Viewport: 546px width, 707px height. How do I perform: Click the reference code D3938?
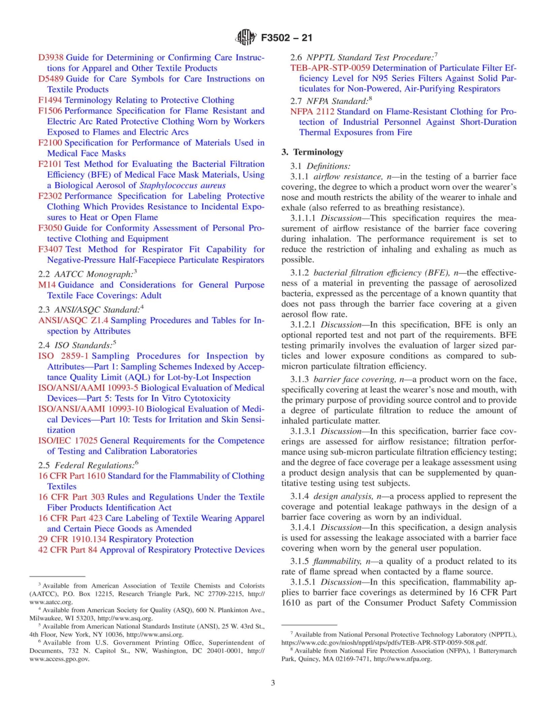[x=51, y=57]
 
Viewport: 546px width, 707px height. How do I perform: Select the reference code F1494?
[x=50, y=100]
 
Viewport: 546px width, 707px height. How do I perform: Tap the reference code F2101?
[x=50, y=164]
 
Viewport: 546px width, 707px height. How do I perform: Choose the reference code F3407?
[x=51, y=249]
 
